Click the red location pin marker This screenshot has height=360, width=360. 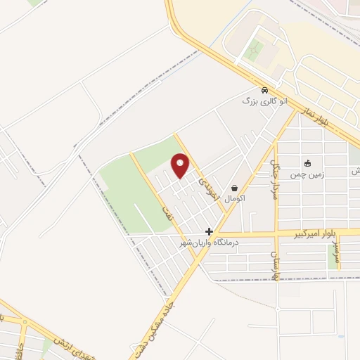[181, 166]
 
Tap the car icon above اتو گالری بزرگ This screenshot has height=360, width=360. [264, 91]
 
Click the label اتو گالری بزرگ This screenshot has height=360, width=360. [265, 102]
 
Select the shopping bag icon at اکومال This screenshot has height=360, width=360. [233, 188]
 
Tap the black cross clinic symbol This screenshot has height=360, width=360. [209, 231]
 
